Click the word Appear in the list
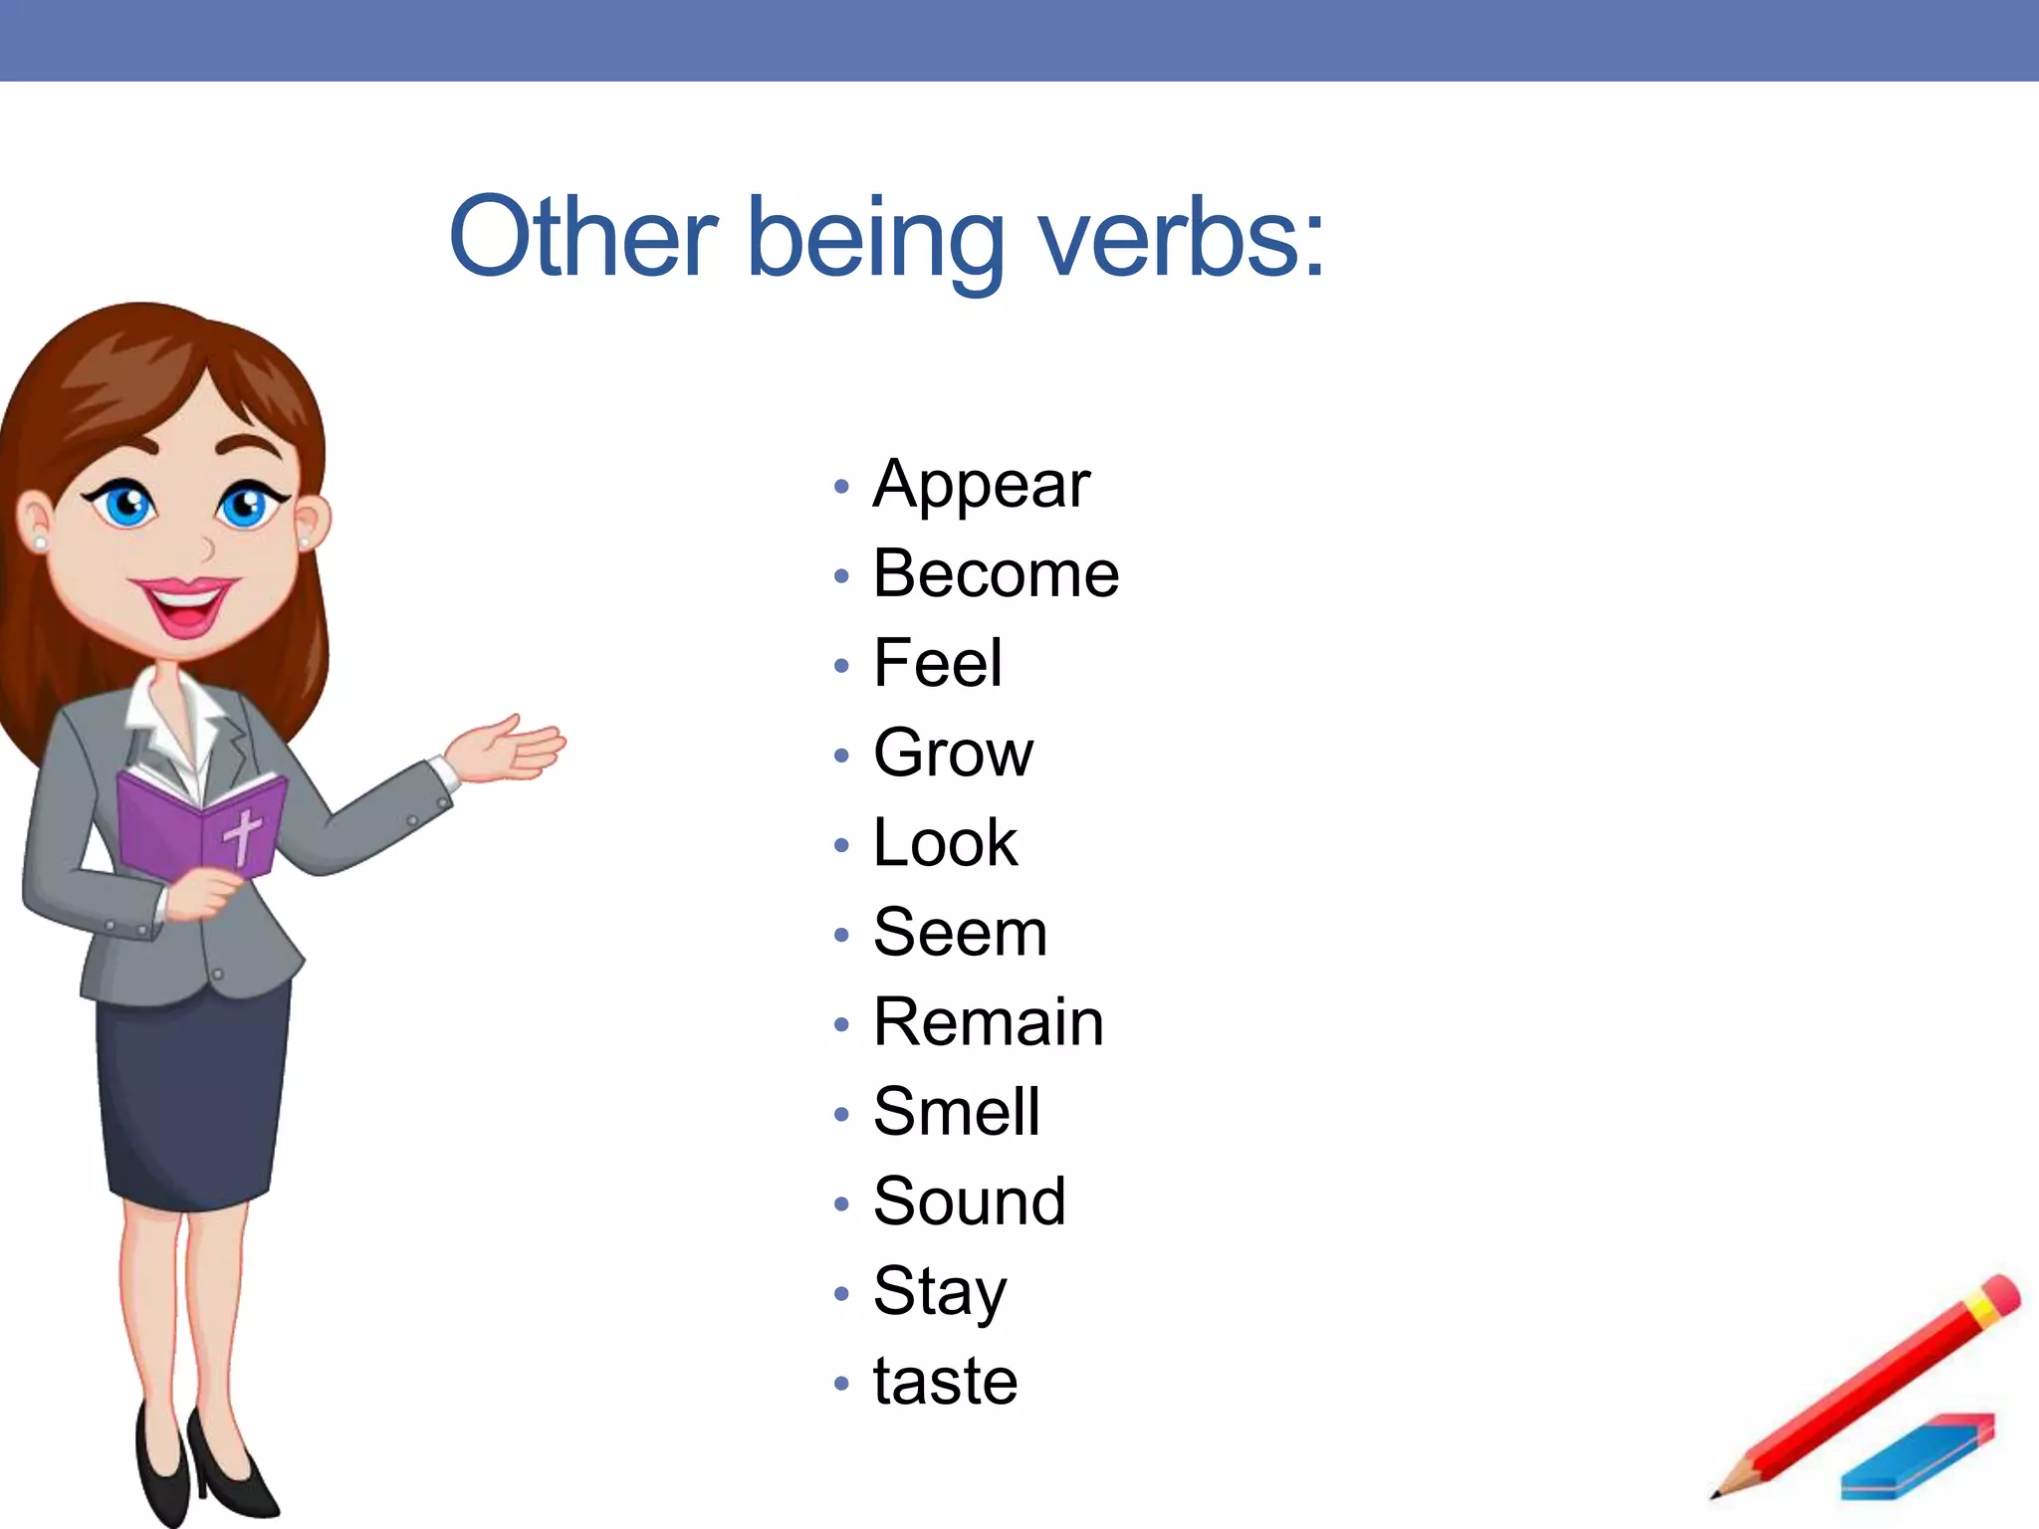(981, 485)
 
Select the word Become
(996, 574)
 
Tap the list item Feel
(937, 664)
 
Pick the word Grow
(953, 754)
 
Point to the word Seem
(960, 933)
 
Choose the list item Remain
(988, 1022)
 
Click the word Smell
(956, 1112)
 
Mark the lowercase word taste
(945, 1382)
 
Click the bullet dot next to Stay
(841, 1294)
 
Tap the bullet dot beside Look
(841, 845)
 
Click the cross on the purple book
(242, 834)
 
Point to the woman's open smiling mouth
(184, 603)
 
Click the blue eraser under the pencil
(1917, 1457)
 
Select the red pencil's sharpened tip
(1718, 1492)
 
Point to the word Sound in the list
(969, 1201)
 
